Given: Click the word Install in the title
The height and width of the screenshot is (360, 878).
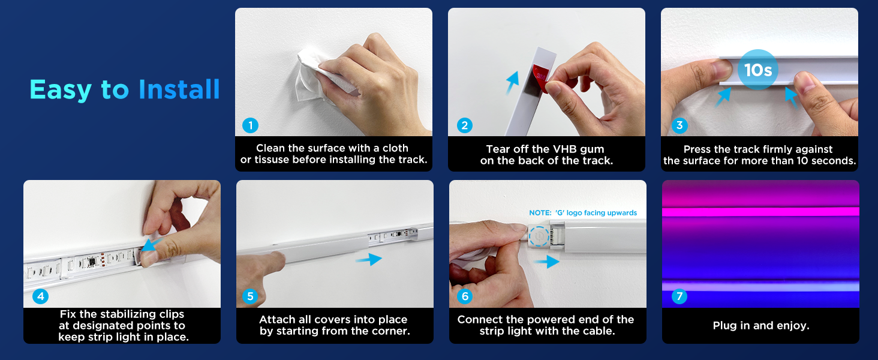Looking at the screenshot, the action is tap(179, 89).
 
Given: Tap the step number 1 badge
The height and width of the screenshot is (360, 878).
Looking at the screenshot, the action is tap(250, 125).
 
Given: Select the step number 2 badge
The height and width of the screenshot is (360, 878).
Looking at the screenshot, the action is tap(464, 125).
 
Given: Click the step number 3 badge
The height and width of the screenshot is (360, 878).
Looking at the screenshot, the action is tap(679, 125).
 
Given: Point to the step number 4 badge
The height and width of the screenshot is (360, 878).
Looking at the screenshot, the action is tap(40, 296).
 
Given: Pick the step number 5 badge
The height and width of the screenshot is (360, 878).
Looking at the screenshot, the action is tap(250, 296).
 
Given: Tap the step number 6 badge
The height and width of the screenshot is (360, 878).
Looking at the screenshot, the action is tap(465, 296).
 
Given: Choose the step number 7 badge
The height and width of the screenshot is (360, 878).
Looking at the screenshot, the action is tap(679, 296).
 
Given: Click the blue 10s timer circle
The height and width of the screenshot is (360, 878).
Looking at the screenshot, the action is tap(757, 70).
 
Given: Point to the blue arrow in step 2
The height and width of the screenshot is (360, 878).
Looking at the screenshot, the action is tap(512, 82).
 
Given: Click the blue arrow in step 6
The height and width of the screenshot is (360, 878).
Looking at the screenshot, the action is tap(547, 262).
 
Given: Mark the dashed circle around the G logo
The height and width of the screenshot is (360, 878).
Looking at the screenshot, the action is tap(539, 236).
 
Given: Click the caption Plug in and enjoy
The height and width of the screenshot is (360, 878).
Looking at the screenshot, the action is tap(761, 325).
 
